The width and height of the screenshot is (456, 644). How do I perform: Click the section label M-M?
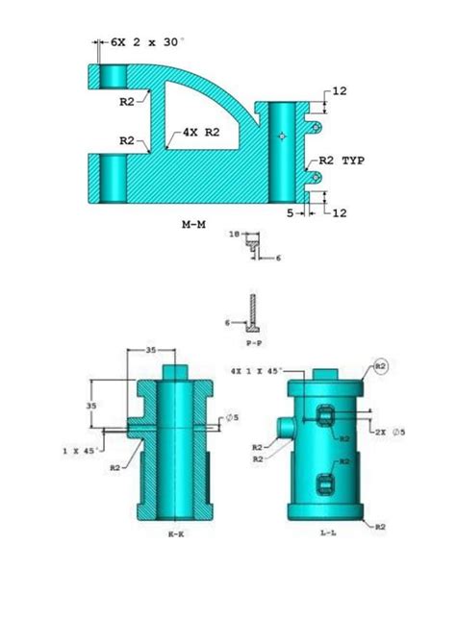coord(195,223)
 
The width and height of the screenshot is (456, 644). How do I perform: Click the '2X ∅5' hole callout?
coord(389,432)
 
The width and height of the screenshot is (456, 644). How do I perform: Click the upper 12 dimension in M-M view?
coord(339,91)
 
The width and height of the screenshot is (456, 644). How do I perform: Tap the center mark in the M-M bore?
coord(281,136)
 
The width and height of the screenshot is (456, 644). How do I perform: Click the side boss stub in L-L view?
coord(285,424)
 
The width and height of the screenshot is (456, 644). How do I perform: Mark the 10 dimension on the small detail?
coord(235,234)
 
